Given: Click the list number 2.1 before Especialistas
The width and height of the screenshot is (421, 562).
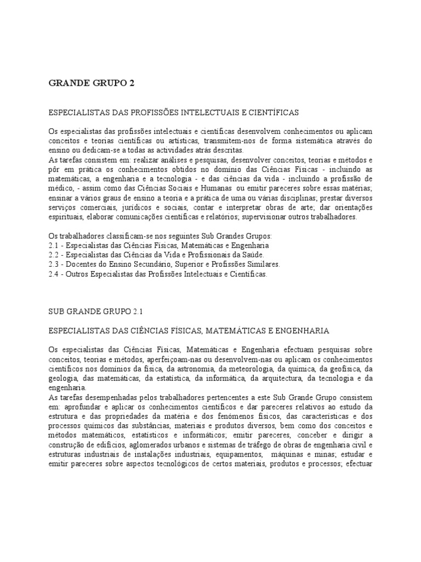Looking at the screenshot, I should [x=54, y=245].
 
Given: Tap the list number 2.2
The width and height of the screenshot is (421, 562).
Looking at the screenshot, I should [x=54, y=255].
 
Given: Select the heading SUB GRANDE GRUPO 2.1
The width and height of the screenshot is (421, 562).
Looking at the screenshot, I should [x=95, y=311].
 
